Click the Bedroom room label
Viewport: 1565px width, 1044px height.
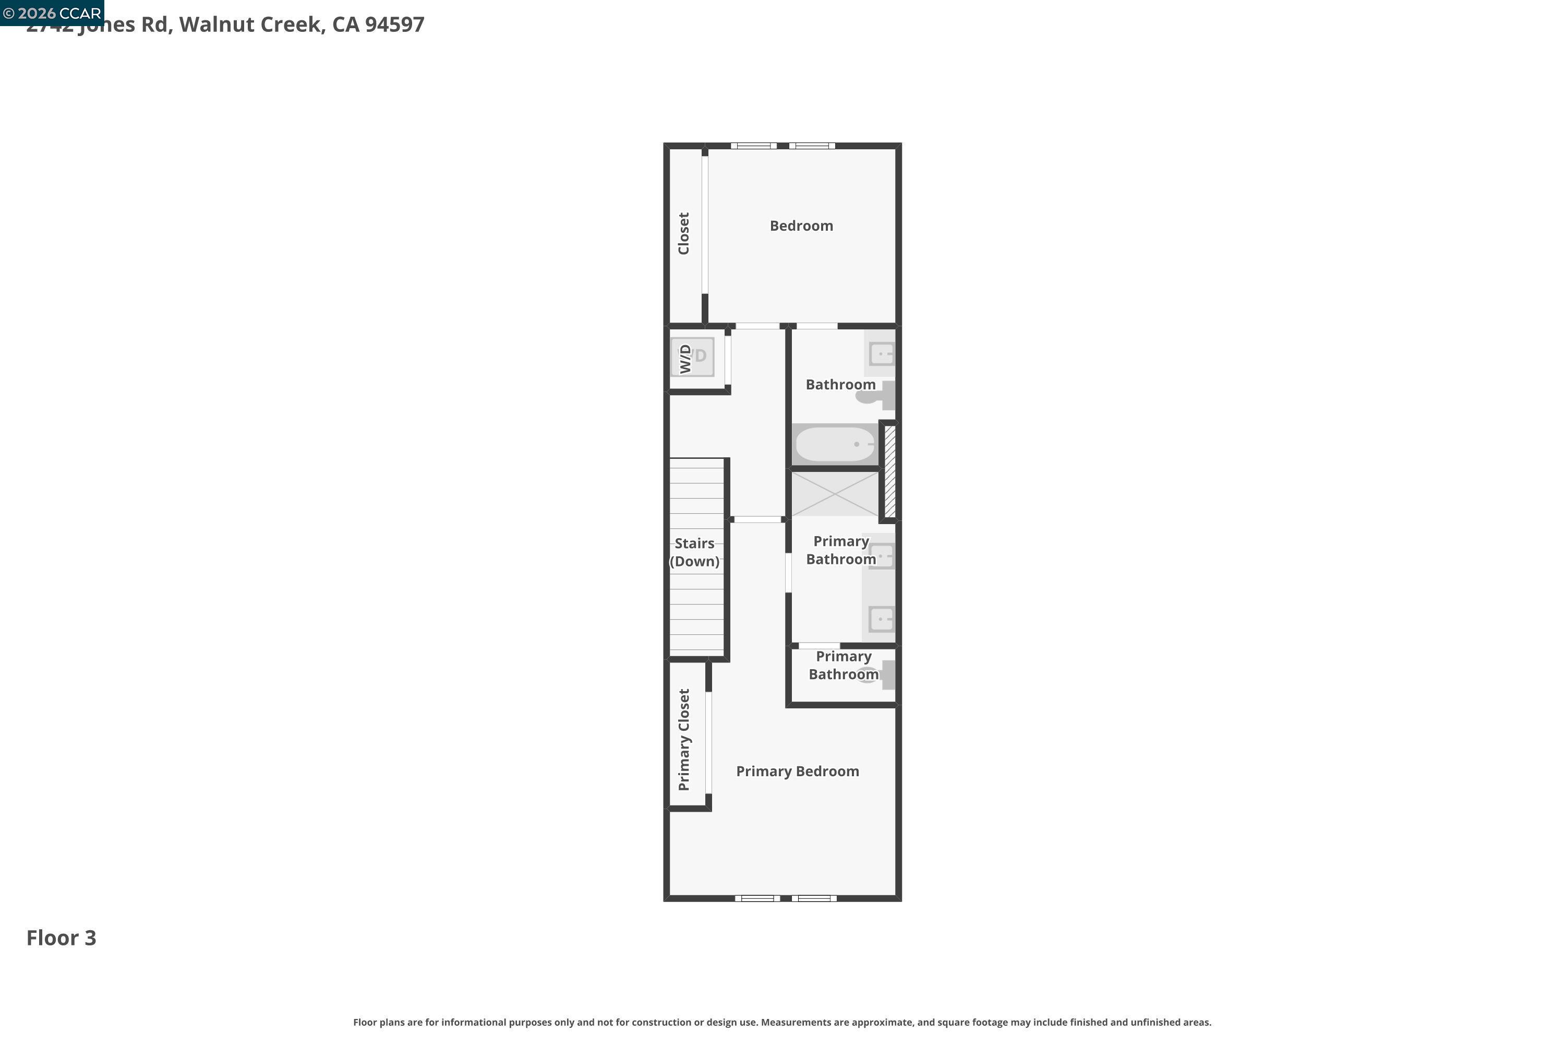pyautogui.click(x=801, y=226)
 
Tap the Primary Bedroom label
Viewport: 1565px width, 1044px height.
pyautogui.click(x=797, y=771)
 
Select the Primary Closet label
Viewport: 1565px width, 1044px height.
pyautogui.click(x=684, y=739)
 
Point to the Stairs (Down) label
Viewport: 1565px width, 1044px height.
pyautogui.click(x=694, y=552)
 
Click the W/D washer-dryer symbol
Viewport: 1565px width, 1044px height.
pyautogui.click(x=692, y=357)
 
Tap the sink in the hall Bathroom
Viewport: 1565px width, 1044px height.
pyautogui.click(x=882, y=353)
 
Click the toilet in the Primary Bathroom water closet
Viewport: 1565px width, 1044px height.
pyautogui.click(x=877, y=674)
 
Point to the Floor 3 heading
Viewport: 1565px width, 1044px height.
pyautogui.click(x=61, y=938)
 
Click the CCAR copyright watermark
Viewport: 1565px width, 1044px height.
pyautogui.click(x=52, y=13)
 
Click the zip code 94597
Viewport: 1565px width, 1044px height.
pyautogui.click(x=394, y=25)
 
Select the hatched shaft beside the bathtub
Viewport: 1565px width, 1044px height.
pyautogui.click(x=889, y=471)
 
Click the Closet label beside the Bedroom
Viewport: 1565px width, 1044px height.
pyautogui.click(x=684, y=234)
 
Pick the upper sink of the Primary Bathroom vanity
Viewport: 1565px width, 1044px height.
pyautogui.click(x=882, y=555)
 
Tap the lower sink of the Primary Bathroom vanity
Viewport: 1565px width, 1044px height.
pyautogui.click(x=882, y=619)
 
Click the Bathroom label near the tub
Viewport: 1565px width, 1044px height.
pyautogui.click(x=840, y=384)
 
